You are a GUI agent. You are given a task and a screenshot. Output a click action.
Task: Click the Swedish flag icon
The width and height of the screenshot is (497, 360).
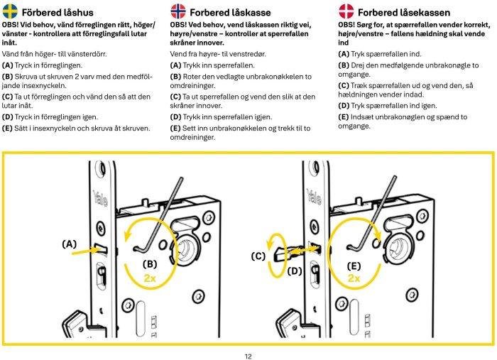coord(11,11)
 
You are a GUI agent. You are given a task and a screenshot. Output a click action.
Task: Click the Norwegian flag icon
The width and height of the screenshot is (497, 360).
coord(178,11)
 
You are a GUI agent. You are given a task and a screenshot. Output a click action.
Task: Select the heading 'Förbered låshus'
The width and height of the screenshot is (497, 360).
coord(57,12)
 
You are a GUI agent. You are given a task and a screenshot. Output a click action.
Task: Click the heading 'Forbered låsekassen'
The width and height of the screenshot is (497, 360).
coord(403,12)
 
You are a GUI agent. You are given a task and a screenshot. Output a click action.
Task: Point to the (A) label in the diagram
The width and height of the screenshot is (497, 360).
coord(70,244)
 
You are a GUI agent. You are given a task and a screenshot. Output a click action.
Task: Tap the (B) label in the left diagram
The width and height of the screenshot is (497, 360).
coord(150,263)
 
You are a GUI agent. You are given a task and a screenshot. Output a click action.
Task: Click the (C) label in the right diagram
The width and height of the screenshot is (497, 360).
coord(258,255)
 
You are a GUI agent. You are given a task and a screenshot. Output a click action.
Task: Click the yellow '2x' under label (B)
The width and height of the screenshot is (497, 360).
coord(150,278)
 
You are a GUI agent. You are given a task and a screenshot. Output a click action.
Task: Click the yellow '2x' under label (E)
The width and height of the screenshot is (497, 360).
coord(354,280)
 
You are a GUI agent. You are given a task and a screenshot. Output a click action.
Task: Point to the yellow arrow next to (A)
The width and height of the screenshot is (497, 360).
coord(88,249)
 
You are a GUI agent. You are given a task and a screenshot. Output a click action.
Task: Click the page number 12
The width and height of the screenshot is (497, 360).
coord(248,356)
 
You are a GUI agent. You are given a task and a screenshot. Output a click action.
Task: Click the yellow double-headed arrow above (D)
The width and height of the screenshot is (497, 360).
coord(304,251)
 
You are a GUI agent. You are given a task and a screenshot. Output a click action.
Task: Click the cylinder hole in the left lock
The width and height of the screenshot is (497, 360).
coord(187,250)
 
